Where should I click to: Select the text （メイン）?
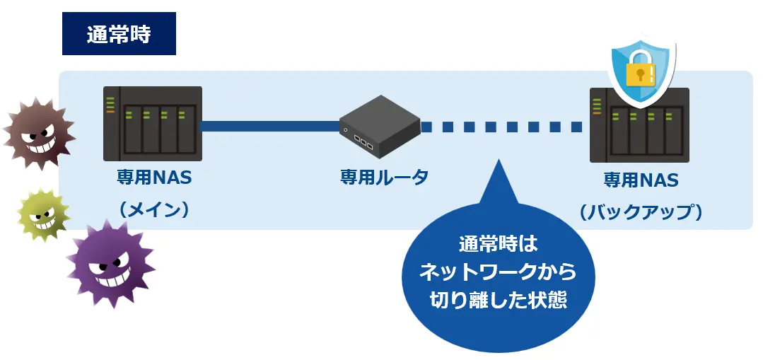point(154,210)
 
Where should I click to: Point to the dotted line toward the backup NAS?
point(501,127)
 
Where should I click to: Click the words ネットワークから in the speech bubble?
point(498,272)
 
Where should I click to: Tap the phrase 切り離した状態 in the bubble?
point(499,300)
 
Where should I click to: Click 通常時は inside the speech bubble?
point(498,245)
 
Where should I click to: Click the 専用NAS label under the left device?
point(154,177)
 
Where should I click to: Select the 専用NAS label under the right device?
point(641,180)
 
